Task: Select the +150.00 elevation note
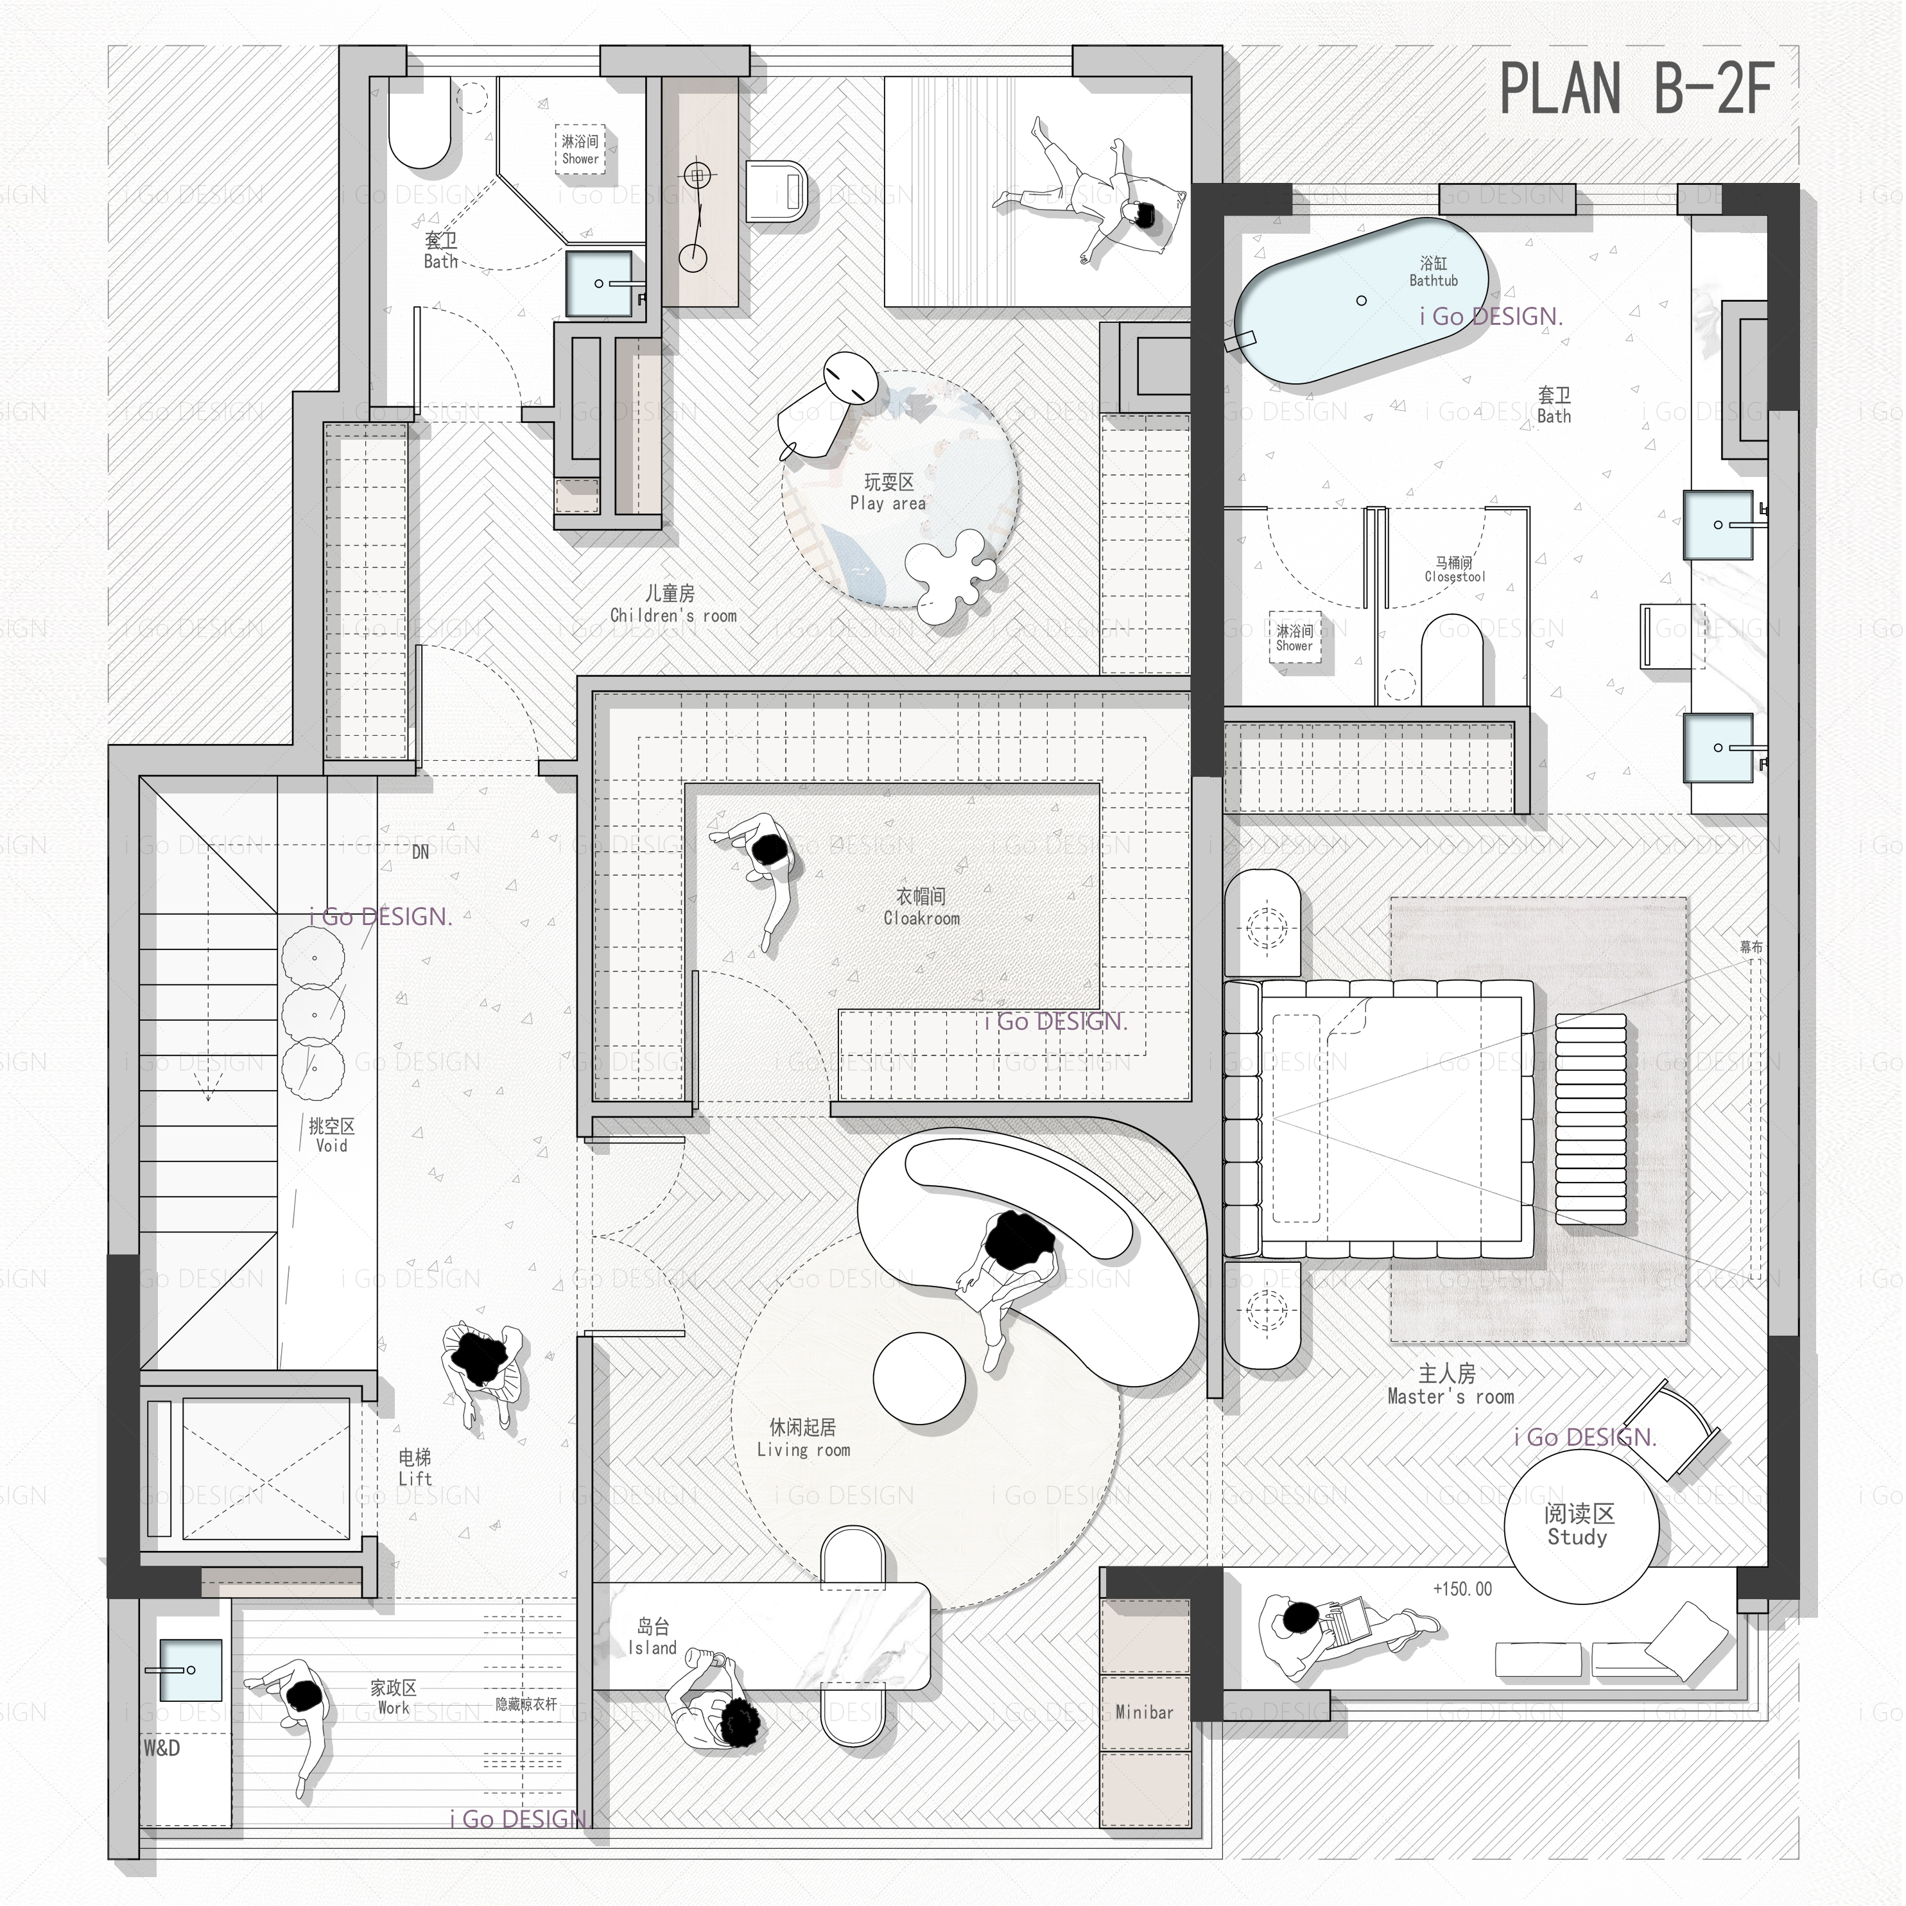click(1462, 1590)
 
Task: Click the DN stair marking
click(420, 853)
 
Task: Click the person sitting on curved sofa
click(1011, 1272)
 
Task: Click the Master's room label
click(1449, 1385)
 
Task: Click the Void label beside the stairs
click(331, 1136)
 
